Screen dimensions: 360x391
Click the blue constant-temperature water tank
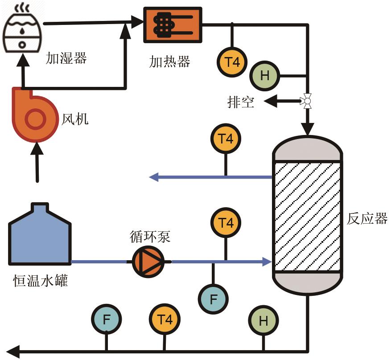point(40,237)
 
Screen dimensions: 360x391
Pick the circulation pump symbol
point(148,262)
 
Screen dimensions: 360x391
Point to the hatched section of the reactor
point(308,216)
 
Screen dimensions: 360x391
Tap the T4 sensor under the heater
point(232,61)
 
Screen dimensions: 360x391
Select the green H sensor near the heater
point(265,75)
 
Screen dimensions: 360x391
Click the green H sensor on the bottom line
point(263,321)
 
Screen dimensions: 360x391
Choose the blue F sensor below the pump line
point(213,298)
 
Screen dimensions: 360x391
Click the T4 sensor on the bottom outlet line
point(165,319)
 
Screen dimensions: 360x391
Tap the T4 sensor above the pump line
point(226,223)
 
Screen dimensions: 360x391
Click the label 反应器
point(367,219)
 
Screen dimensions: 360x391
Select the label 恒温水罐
point(41,281)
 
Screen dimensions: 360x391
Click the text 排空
point(241,102)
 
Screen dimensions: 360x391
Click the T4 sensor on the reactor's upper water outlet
point(226,139)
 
